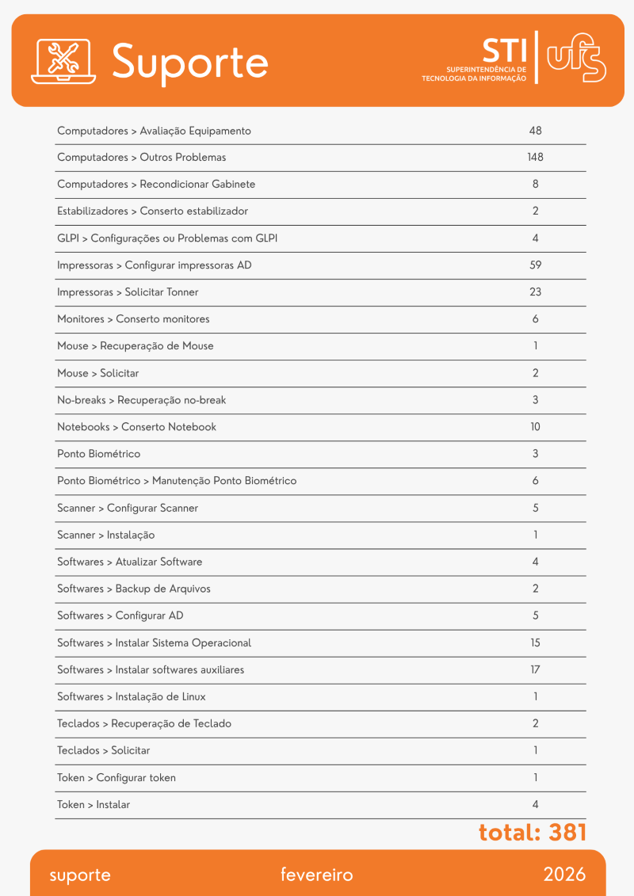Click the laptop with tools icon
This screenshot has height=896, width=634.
[x=63, y=61]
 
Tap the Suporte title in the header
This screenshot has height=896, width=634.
[x=190, y=61]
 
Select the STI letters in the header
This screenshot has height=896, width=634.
[x=504, y=51]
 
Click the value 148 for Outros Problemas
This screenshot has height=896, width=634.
[x=535, y=158]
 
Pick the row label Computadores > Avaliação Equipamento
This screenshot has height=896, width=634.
[x=154, y=131]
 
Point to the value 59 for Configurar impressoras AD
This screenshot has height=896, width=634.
[x=535, y=265]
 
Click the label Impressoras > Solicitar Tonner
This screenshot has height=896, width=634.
[x=128, y=292]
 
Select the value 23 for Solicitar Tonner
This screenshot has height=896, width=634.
[x=535, y=292]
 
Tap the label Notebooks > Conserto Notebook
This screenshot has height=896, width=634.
[x=136, y=427]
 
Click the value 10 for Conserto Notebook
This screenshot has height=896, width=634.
[x=535, y=427]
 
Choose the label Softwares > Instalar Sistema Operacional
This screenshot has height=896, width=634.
[x=154, y=642]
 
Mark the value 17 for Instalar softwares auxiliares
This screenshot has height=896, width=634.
[x=535, y=669]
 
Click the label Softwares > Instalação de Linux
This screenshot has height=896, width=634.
[x=132, y=696]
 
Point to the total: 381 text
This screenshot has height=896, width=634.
[x=532, y=833]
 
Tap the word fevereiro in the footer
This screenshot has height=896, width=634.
[x=316, y=875]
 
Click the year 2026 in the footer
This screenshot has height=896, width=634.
[x=564, y=875]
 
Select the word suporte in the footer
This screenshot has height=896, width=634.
[x=80, y=875]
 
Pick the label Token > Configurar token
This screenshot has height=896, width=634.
[x=116, y=777]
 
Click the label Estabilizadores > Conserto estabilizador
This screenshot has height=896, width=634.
[x=152, y=212]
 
